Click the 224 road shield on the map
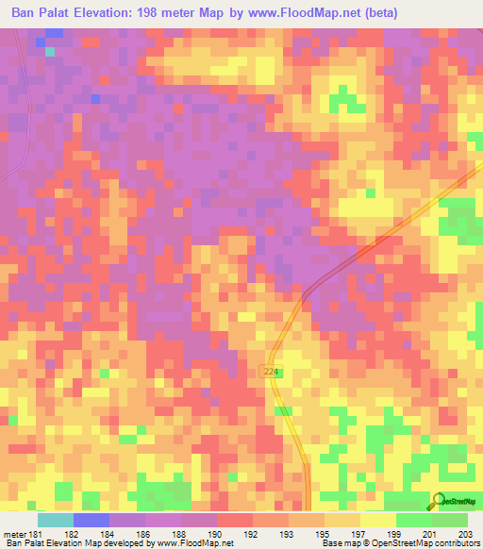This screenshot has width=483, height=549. point(272,374)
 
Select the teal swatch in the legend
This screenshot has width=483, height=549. point(56,520)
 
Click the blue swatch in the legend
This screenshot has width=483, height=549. point(92,520)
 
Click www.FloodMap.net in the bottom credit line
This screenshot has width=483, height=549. point(192,543)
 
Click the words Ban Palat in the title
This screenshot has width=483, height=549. point(37,13)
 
